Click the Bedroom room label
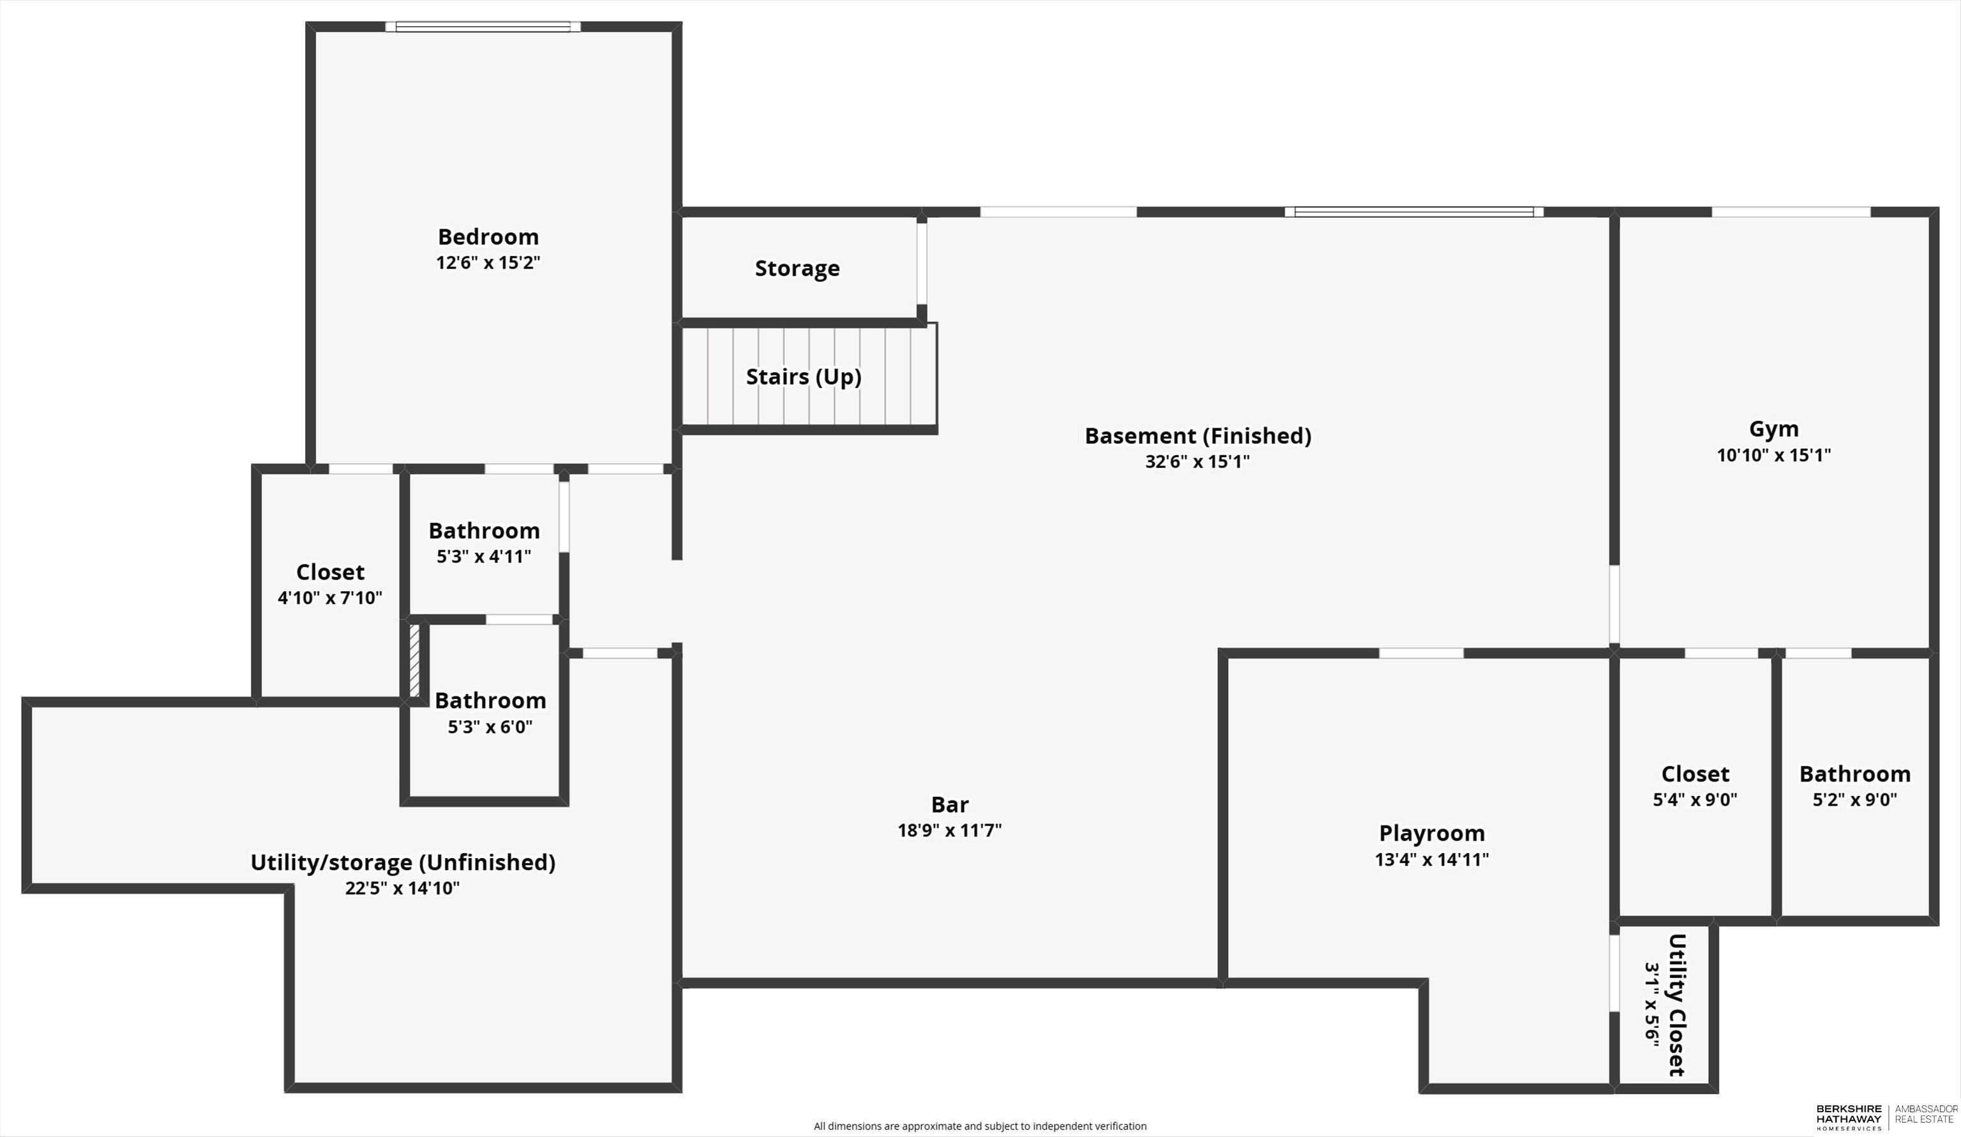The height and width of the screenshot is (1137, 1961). tap(488, 237)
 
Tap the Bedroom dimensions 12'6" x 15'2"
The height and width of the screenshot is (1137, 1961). tap(488, 262)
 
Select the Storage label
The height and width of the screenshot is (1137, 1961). tap(797, 269)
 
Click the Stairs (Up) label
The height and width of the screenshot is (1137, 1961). tap(803, 377)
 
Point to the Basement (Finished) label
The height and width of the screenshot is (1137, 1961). tap(1198, 436)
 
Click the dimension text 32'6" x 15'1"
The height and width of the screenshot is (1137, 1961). tap(1197, 462)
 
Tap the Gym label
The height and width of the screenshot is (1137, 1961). tap(1773, 430)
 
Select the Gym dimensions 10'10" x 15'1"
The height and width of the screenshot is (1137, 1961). tap(1773, 455)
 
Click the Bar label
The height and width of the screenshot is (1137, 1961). tap(949, 804)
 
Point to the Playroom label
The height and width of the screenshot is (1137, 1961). tap(1432, 834)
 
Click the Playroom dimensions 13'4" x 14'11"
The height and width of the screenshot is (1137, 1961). tap(1432, 859)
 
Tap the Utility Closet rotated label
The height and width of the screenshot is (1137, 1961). tap(1677, 1005)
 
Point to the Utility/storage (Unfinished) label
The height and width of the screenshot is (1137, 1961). tap(402, 862)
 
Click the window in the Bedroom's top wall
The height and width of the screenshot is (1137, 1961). tap(483, 26)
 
